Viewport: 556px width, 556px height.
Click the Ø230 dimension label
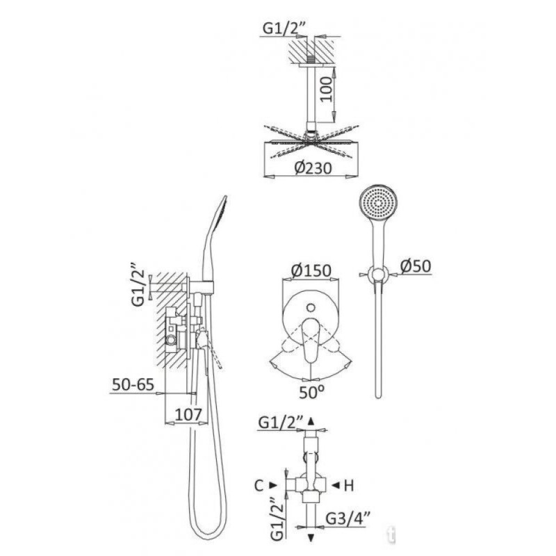click(313, 167)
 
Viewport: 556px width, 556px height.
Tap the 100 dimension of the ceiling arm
click(327, 89)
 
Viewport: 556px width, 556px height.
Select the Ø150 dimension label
click(311, 270)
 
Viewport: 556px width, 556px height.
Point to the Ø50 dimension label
click(416, 266)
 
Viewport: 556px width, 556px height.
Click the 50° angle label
click(311, 392)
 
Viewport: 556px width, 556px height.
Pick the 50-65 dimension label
click(133, 384)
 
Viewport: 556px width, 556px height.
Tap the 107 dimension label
click(188, 414)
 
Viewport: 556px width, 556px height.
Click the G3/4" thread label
click(348, 518)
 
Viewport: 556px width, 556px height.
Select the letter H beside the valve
click(349, 486)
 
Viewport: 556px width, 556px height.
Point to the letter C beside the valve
click(259, 486)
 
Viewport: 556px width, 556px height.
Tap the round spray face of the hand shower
click(378, 202)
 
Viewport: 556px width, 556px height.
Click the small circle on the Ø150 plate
click(311, 307)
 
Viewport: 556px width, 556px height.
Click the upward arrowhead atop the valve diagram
click(311, 421)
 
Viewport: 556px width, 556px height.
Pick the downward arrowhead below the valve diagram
click(311, 538)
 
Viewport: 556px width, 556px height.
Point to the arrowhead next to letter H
click(335, 485)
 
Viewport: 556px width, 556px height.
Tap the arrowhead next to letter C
click(273, 485)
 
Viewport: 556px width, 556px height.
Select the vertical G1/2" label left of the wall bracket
click(138, 285)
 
